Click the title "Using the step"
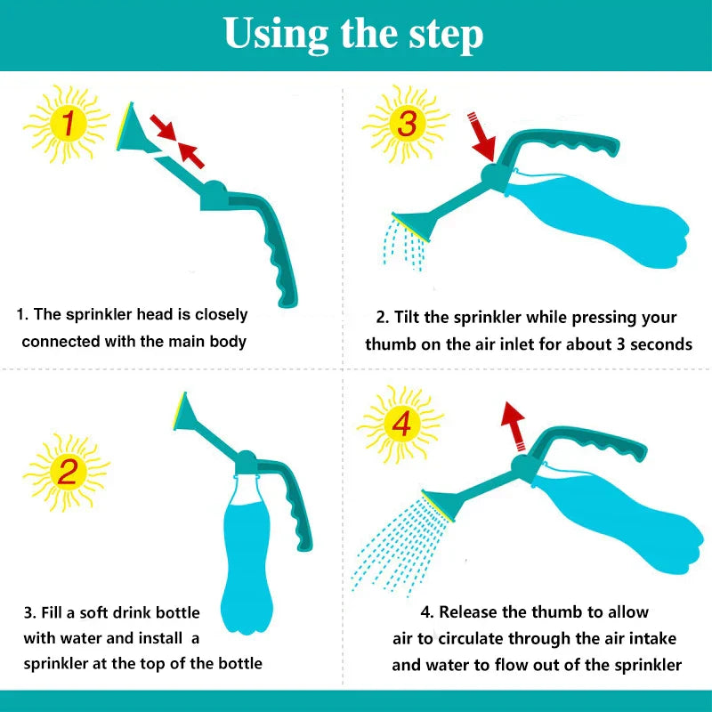coord(354,34)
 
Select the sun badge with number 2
coord(67,469)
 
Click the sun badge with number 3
coord(406,124)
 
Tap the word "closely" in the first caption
coord(217,314)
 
